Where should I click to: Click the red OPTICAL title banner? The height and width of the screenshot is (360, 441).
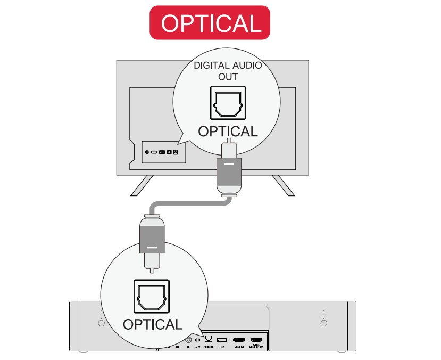point(210,22)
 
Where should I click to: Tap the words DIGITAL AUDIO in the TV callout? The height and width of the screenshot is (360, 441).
point(227,66)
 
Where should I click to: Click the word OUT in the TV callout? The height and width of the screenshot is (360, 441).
point(228,77)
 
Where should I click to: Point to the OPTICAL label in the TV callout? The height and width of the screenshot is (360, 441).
point(228,131)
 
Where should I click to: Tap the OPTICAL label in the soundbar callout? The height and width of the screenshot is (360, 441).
point(153,324)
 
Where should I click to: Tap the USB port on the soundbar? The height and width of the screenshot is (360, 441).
point(222,340)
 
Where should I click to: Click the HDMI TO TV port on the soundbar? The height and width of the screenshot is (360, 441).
point(256,340)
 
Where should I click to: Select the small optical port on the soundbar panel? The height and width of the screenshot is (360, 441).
point(208,339)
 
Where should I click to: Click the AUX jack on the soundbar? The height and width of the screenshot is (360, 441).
point(197,340)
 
